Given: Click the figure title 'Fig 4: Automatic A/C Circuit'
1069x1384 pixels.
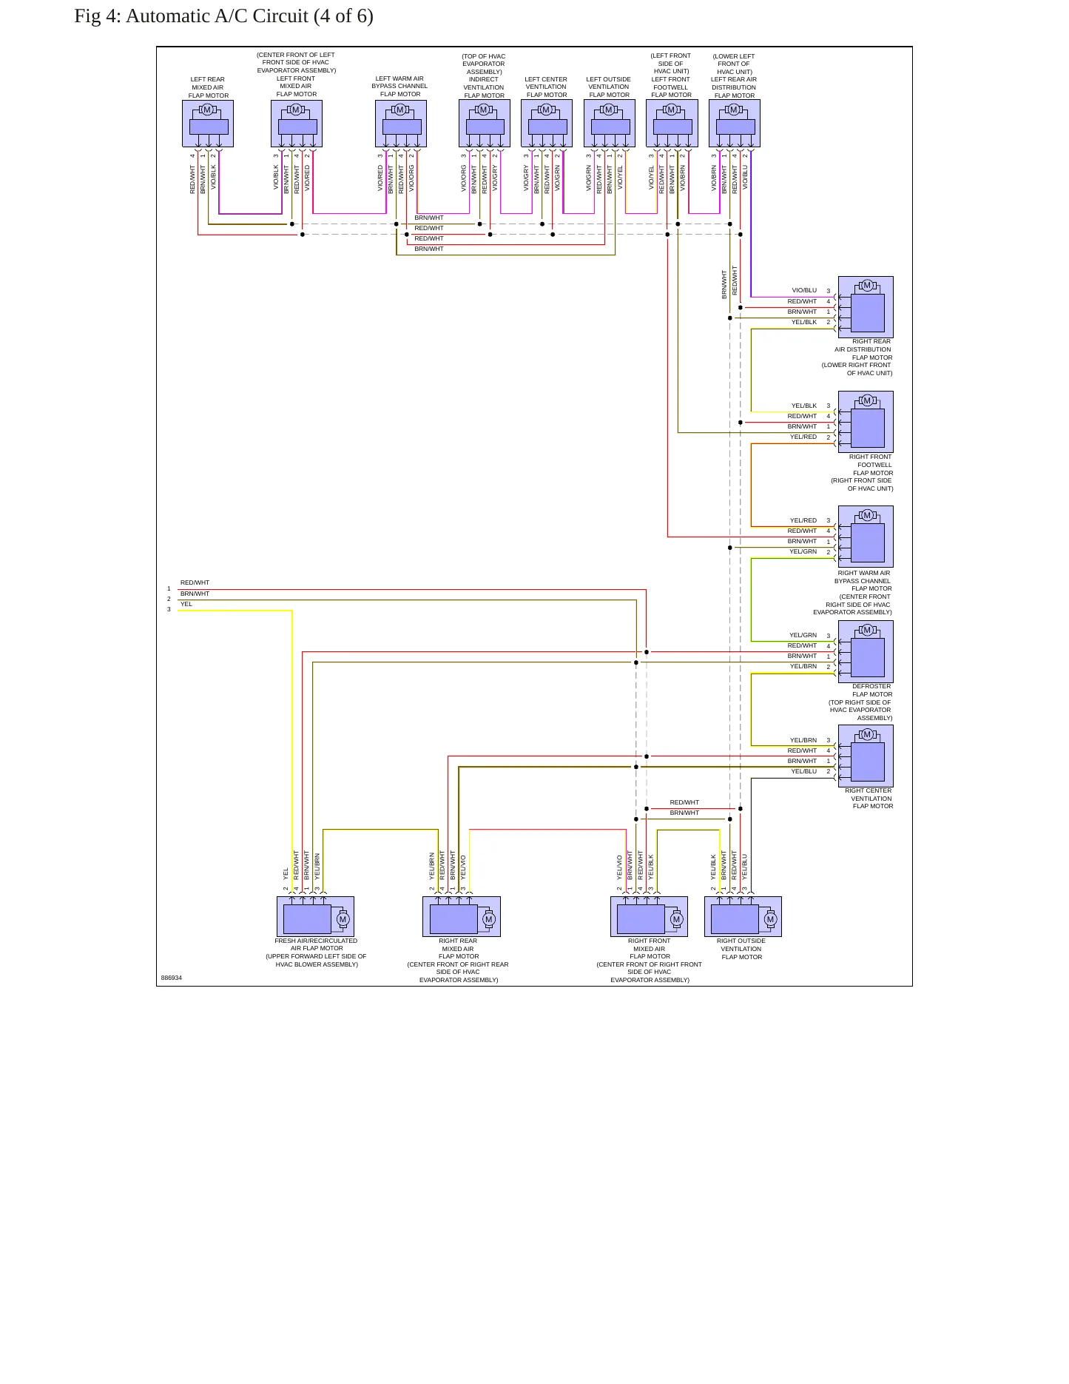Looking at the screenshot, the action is pyautogui.click(x=192, y=16).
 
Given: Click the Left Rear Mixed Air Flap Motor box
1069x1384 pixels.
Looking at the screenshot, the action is pyautogui.click(x=208, y=124).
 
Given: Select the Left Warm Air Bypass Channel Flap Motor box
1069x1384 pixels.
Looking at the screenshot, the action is pyautogui.click(x=401, y=124).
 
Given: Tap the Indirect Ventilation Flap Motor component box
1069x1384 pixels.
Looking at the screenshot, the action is pyautogui.click(x=485, y=124).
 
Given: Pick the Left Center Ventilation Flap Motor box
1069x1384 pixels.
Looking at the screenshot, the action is pyautogui.click(x=547, y=124).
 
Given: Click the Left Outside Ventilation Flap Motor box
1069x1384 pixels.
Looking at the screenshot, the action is pyautogui.click(x=610, y=124).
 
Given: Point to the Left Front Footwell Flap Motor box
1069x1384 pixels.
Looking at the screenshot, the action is pyautogui.click(x=672, y=124).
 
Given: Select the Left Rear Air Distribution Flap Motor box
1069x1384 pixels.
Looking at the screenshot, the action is pyautogui.click(x=735, y=124).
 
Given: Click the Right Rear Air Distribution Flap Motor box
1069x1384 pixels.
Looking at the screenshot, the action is pyautogui.click(x=866, y=307).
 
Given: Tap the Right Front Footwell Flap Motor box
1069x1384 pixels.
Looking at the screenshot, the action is pyautogui.click(x=866, y=422).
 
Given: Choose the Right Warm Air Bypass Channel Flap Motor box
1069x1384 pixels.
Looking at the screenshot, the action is pyautogui.click(x=866, y=537).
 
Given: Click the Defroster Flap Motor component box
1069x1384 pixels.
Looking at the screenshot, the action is pyautogui.click(x=866, y=651).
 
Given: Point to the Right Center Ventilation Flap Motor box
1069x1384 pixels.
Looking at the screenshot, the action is pyautogui.click(x=866, y=756).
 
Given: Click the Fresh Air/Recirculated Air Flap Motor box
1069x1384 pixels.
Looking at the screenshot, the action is pyautogui.click(x=315, y=917).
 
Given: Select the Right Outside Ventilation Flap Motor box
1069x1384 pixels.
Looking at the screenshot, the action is pyautogui.click(x=743, y=917).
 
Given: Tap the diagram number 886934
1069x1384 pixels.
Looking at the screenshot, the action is pyautogui.click(x=172, y=978).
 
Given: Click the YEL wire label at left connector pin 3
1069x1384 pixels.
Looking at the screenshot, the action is pyautogui.click(x=186, y=604).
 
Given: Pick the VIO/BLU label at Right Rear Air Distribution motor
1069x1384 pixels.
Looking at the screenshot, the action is pyautogui.click(x=804, y=291).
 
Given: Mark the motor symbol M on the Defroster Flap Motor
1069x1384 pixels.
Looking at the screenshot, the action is pyautogui.click(x=867, y=630).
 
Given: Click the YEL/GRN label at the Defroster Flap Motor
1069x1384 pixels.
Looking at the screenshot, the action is pyautogui.click(x=803, y=635).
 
